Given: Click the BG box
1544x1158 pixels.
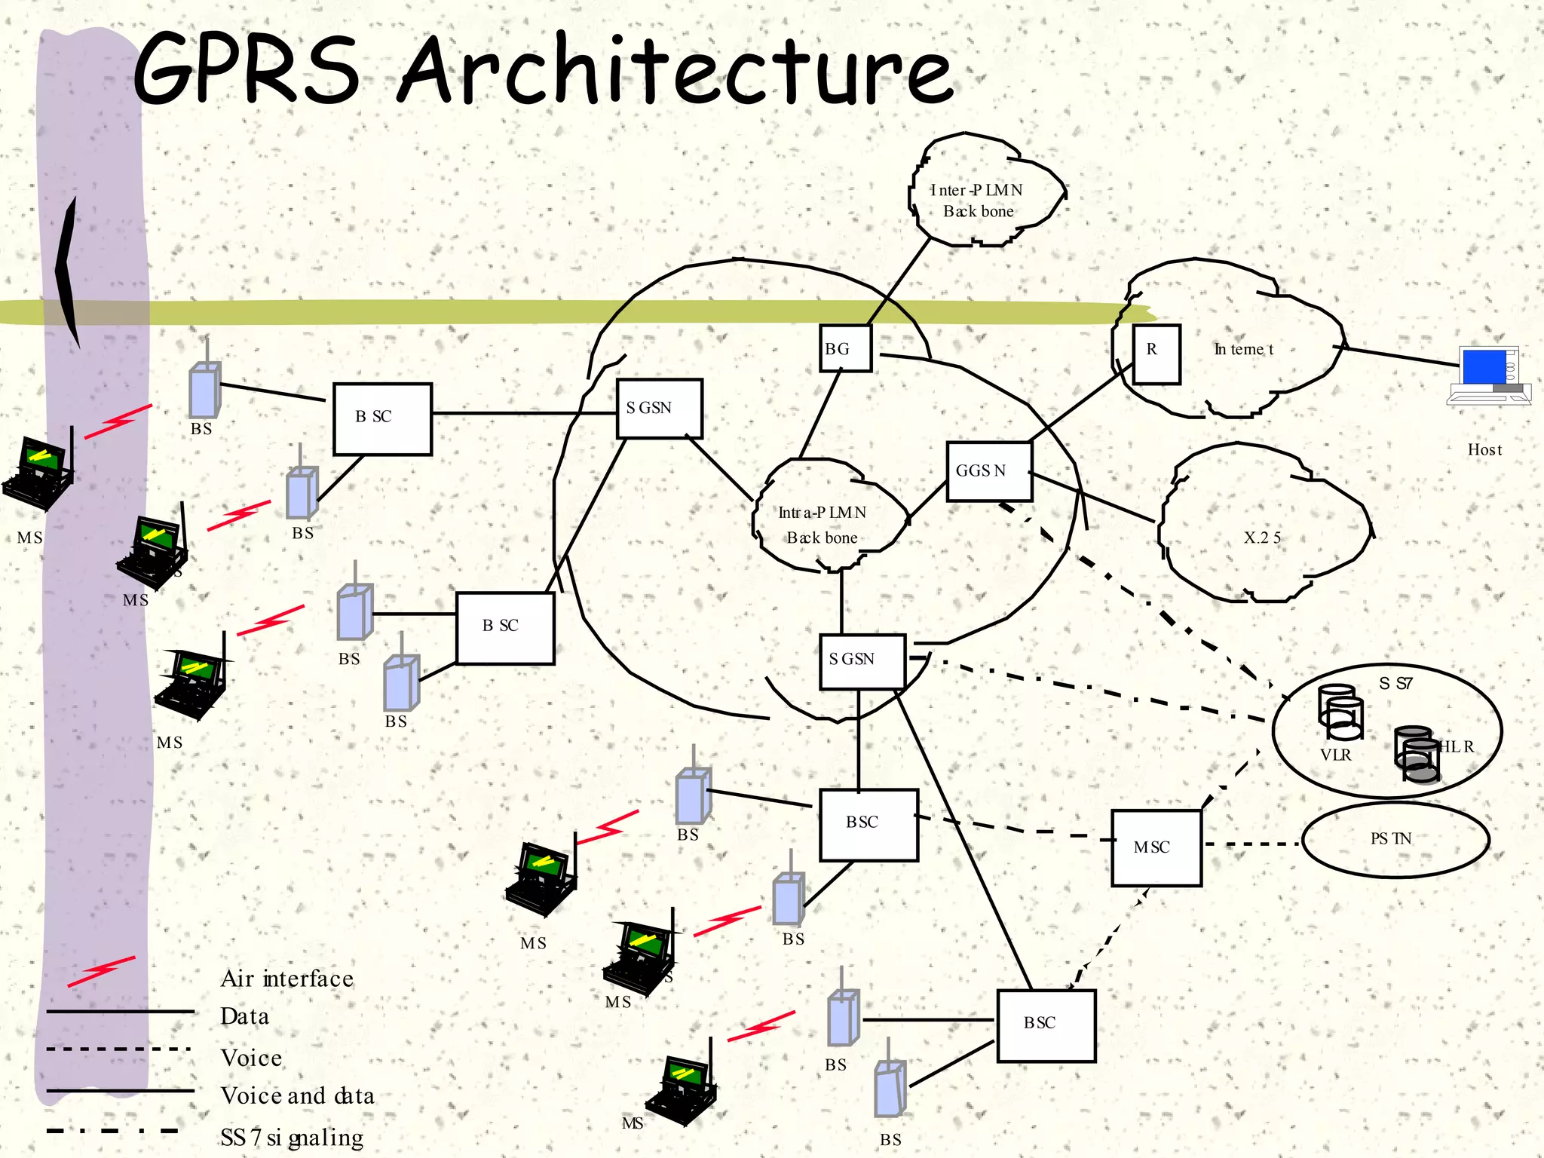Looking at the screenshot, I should [x=845, y=348].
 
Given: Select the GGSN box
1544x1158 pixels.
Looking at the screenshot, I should [x=988, y=471].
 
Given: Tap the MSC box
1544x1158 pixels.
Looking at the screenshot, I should [x=1156, y=847].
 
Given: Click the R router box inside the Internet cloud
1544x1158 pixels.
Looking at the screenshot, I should [x=1156, y=354].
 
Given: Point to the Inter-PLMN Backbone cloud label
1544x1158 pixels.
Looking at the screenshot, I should [x=978, y=201].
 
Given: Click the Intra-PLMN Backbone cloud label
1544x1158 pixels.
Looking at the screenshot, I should [x=822, y=525].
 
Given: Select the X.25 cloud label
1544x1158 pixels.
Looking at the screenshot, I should [x=1262, y=538].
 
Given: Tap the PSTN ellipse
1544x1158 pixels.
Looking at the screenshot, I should [x=1394, y=839].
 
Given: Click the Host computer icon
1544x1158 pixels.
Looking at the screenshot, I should [x=1488, y=375].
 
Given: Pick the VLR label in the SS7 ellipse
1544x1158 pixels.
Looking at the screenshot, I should [x=1335, y=755].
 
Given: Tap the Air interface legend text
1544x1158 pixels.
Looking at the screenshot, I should [x=286, y=979].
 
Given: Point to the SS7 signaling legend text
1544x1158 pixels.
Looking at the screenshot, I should [x=292, y=1137].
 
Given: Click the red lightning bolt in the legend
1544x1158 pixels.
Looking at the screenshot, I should [x=101, y=971].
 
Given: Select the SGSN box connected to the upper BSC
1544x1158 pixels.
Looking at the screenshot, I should [x=659, y=409].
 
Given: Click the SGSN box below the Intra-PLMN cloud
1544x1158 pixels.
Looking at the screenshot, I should [x=862, y=661].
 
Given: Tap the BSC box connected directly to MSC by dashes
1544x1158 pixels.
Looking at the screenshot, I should [x=868, y=825].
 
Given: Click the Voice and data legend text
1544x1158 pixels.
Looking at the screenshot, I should [x=297, y=1095].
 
